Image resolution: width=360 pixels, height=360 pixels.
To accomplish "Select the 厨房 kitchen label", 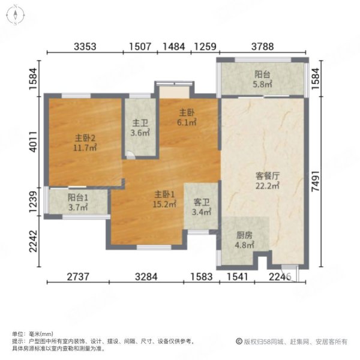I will click(x=244, y=236).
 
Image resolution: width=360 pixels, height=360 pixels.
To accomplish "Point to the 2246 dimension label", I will click(x=280, y=277).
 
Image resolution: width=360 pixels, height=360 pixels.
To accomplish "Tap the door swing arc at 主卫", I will click(x=130, y=155).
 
